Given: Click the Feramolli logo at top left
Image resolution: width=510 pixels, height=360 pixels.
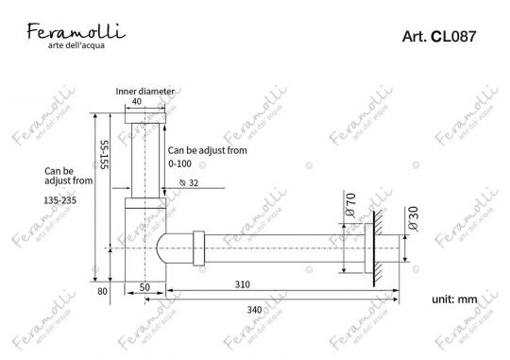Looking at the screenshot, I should (x=71, y=33).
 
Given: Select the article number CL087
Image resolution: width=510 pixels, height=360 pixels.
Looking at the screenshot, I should (x=438, y=38).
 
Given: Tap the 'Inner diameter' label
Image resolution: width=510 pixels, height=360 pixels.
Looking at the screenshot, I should (x=144, y=92).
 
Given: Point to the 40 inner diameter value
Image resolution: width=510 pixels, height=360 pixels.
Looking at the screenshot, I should (x=137, y=102).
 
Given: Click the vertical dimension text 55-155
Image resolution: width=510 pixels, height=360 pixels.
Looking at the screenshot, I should (x=103, y=156).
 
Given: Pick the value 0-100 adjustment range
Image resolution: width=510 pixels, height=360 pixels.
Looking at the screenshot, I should (x=179, y=163).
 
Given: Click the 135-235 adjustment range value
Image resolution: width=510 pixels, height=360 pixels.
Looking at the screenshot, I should (x=61, y=200).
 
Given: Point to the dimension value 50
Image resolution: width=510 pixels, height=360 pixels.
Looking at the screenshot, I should (x=145, y=285).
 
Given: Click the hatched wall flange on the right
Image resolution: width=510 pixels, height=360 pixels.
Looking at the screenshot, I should (x=376, y=249).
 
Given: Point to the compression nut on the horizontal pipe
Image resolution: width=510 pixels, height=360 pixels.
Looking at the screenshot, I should (x=197, y=249).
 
